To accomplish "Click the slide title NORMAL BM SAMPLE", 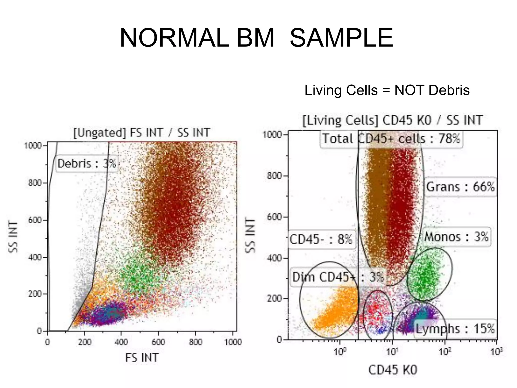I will click(x=256, y=38).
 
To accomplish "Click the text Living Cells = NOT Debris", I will click(x=387, y=90).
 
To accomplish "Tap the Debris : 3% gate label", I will click(x=87, y=163).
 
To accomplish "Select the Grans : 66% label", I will click(x=460, y=187).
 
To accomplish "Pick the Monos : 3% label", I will click(x=456, y=237).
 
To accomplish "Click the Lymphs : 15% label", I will click(x=455, y=329).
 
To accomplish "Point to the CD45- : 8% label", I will click(x=321, y=239).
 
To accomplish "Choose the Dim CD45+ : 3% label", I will click(x=338, y=277).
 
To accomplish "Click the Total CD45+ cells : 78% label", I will click(x=391, y=139).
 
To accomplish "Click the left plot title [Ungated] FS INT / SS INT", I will click(x=142, y=133).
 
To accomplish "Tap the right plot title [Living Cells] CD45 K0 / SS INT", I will click(x=393, y=120).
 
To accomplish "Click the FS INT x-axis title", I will click(x=142, y=358).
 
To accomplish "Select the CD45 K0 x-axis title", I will click(x=393, y=370).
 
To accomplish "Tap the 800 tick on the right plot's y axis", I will click(x=274, y=176).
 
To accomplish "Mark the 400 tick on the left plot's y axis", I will click(x=35, y=257).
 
